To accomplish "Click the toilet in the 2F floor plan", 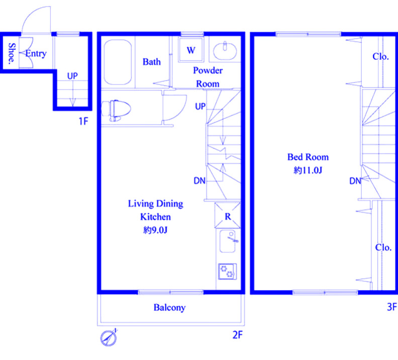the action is click(116, 110).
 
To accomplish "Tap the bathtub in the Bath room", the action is click(118, 62).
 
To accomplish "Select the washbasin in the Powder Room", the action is click(225, 51).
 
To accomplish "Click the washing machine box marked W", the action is click(191, 49).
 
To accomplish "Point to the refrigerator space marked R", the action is click(228, 215).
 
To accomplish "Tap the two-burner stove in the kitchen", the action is click(228, 272).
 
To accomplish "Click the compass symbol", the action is click(109, 338).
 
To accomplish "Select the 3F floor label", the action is click(392, 307).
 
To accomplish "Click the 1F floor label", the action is click(83, 121).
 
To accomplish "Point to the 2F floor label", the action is click(238, 335).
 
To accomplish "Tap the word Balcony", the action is click(169, 307).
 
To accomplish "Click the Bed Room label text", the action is click(308, 157).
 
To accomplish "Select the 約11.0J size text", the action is click(308, 170).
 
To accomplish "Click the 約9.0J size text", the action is click(155, 230).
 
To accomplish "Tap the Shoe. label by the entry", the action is click(12, 54).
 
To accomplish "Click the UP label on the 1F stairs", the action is click(72, 76).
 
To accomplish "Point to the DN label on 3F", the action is click(355, 181).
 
